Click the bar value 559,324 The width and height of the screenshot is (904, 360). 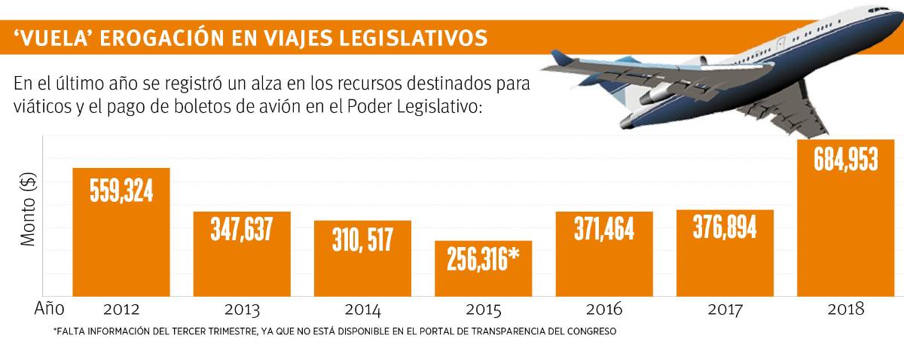(x=121, y=191)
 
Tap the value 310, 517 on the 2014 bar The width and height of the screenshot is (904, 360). (x=362, y=239)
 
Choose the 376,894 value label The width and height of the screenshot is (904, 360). (x=725, y=226)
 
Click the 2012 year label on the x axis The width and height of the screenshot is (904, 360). (x=121, y=310)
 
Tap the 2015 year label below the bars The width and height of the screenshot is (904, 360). (x=483, y=310)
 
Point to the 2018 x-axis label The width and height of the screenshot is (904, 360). (x=845, y=310)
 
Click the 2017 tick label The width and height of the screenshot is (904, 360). (x=725, y=310)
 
